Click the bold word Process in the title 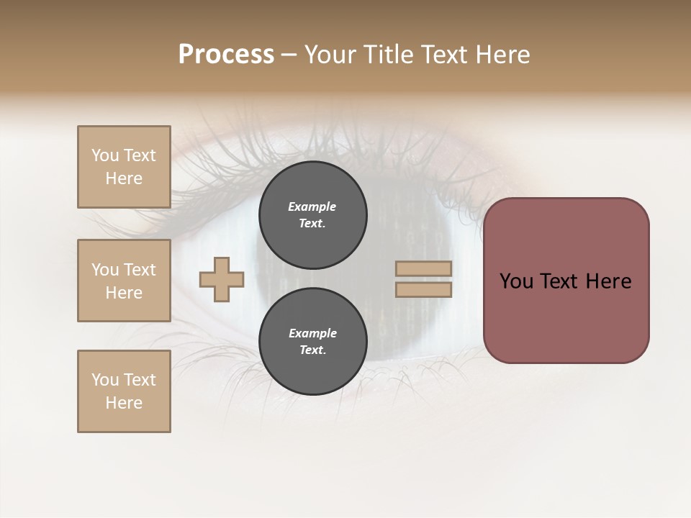coord(226,55)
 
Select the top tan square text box coord(124,167)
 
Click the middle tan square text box coord(124,281)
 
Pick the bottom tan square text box coord(124,391)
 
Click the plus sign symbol coord(222,279)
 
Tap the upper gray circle coord(313,214)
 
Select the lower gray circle coord(313,341)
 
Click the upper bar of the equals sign coord(424,268)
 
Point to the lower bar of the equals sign coord(424,289)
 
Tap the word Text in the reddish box coord(561,281)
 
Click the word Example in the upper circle coord(312,206)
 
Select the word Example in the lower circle coord(312,333)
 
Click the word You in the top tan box coord(104,155)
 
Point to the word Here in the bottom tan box coord(124,403)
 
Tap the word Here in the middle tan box coord(124,293)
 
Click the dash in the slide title coord(289,55)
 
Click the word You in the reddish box coord(516,281)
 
